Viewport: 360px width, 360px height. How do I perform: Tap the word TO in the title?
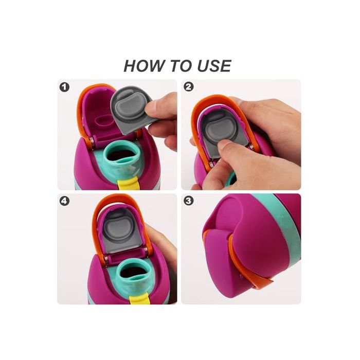click(178, 66)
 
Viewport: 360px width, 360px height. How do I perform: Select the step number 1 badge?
click(64, 87)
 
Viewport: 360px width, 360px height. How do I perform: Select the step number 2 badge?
click(189, 87)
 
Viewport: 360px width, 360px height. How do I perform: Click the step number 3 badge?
click(189, 201)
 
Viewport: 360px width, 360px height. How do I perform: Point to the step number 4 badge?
click(64, 201)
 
